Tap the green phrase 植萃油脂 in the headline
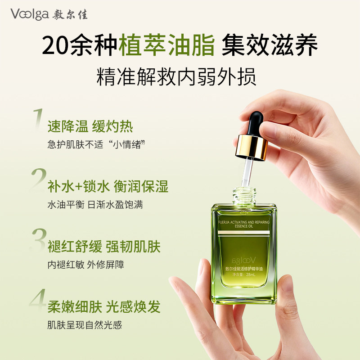pos(166,46)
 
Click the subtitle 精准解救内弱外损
pos(176,77)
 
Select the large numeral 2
pos(38,180)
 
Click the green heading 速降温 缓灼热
pos(90,126)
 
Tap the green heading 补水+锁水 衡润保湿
pos(108,186)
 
